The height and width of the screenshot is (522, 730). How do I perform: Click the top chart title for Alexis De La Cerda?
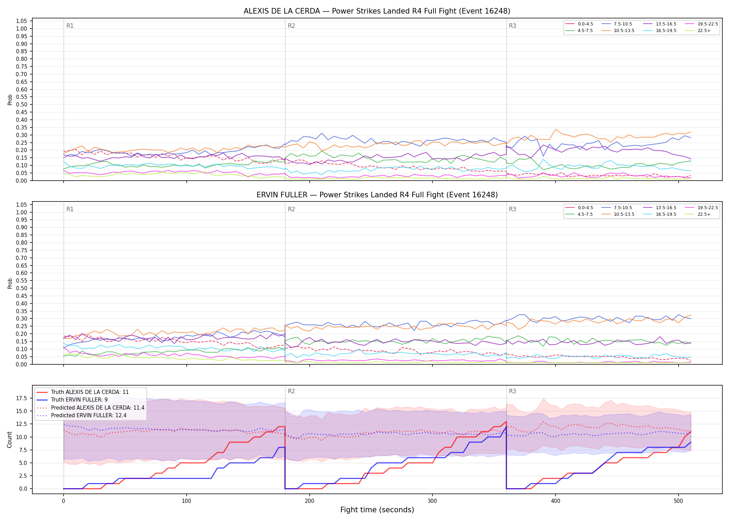tap(377, 11)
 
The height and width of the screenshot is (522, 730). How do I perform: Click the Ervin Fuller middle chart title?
tap(377, 195)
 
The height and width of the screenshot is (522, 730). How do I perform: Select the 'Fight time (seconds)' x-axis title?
tap(377, 510)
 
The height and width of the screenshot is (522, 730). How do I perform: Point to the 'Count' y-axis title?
tap(9, 440)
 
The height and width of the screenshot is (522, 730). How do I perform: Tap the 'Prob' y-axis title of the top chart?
tap(10, 100)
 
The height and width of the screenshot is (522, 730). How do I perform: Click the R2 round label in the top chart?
tap(291, 26)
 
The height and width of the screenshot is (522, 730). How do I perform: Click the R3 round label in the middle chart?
tap(512, 209)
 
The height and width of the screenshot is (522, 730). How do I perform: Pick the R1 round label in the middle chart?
tap(70, 209)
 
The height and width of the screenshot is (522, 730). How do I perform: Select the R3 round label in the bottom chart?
tap(512, 391)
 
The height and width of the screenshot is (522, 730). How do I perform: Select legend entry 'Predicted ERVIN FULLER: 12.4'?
tap(89, 415)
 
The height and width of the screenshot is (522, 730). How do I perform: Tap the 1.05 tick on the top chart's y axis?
tap(22, 21)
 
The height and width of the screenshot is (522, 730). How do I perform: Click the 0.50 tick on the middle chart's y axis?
tap(22, 288)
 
